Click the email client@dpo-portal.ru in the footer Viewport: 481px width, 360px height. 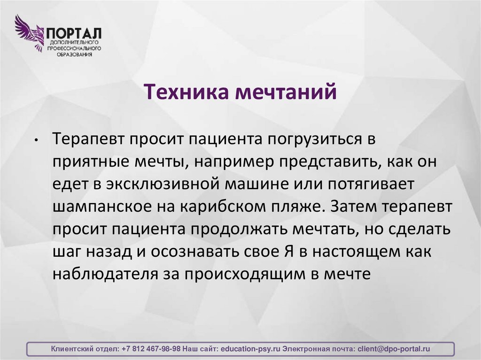pyautogui.click(x=394, y=349)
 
